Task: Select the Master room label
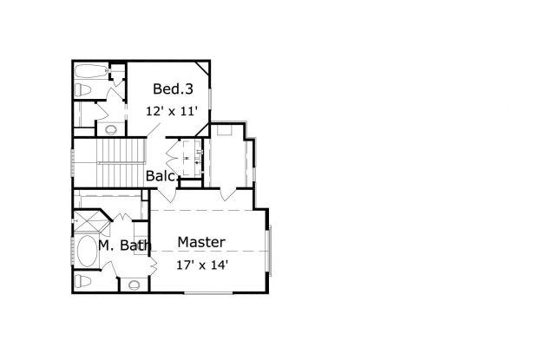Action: pos(201,242)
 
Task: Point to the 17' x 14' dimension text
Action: pos(201,265)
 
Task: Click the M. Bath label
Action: pos(125,245)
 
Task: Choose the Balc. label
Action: pos(161,176)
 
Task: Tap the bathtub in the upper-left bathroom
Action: pos(89,70)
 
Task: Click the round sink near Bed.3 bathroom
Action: pos(110,130)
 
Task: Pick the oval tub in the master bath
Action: pos(85,253)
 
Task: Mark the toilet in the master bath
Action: pos(82,281)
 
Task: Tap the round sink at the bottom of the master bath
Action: pos(134,285)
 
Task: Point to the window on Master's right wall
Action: pos(270,251)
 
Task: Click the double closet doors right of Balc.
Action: pos(188,159)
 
